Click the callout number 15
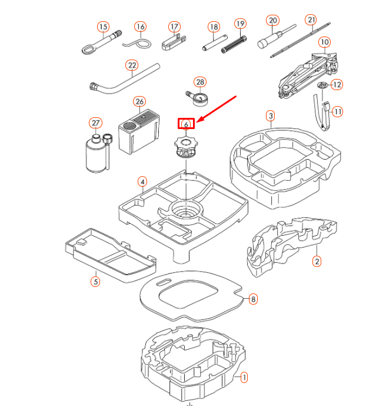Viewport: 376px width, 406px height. click(x=104, y=27)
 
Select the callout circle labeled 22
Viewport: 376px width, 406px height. click(x=132, y=65)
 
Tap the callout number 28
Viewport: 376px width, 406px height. click(x=200, y=82)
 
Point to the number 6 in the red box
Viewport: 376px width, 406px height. click(x=186, y=124)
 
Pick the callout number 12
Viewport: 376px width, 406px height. click(x=337, y=85)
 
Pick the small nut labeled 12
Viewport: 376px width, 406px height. click(x=322, y=87)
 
